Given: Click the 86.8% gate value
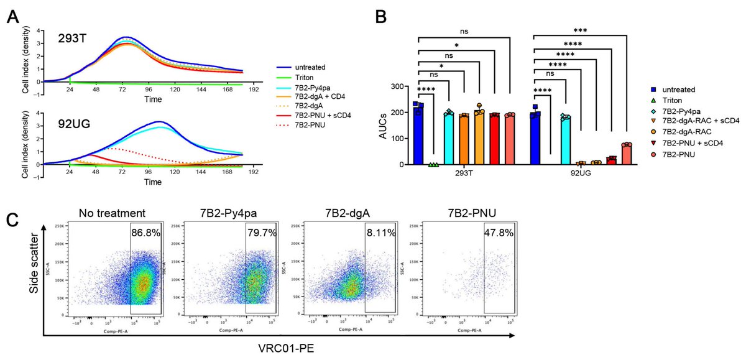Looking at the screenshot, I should pyautogui.click(x=145, y=232).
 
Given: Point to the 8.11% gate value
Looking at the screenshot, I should pyautogui.click(x=380, y=232).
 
